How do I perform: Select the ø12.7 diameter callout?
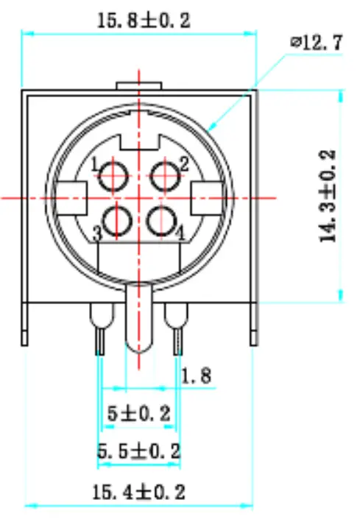pos(317,43)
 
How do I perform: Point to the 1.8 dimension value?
pos(197,376)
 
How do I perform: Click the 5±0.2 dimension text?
pos(138,414)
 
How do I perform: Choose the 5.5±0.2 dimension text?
pos(138,450)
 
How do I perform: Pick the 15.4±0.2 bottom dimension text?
pos(138,490)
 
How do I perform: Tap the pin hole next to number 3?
pos(117,220)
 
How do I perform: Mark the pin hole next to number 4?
pos(161,220)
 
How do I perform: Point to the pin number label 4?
pos(180,233)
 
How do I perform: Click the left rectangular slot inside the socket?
pos(71,197)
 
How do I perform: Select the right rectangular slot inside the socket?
pos(208,197)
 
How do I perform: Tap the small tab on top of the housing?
pos(138,87)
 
